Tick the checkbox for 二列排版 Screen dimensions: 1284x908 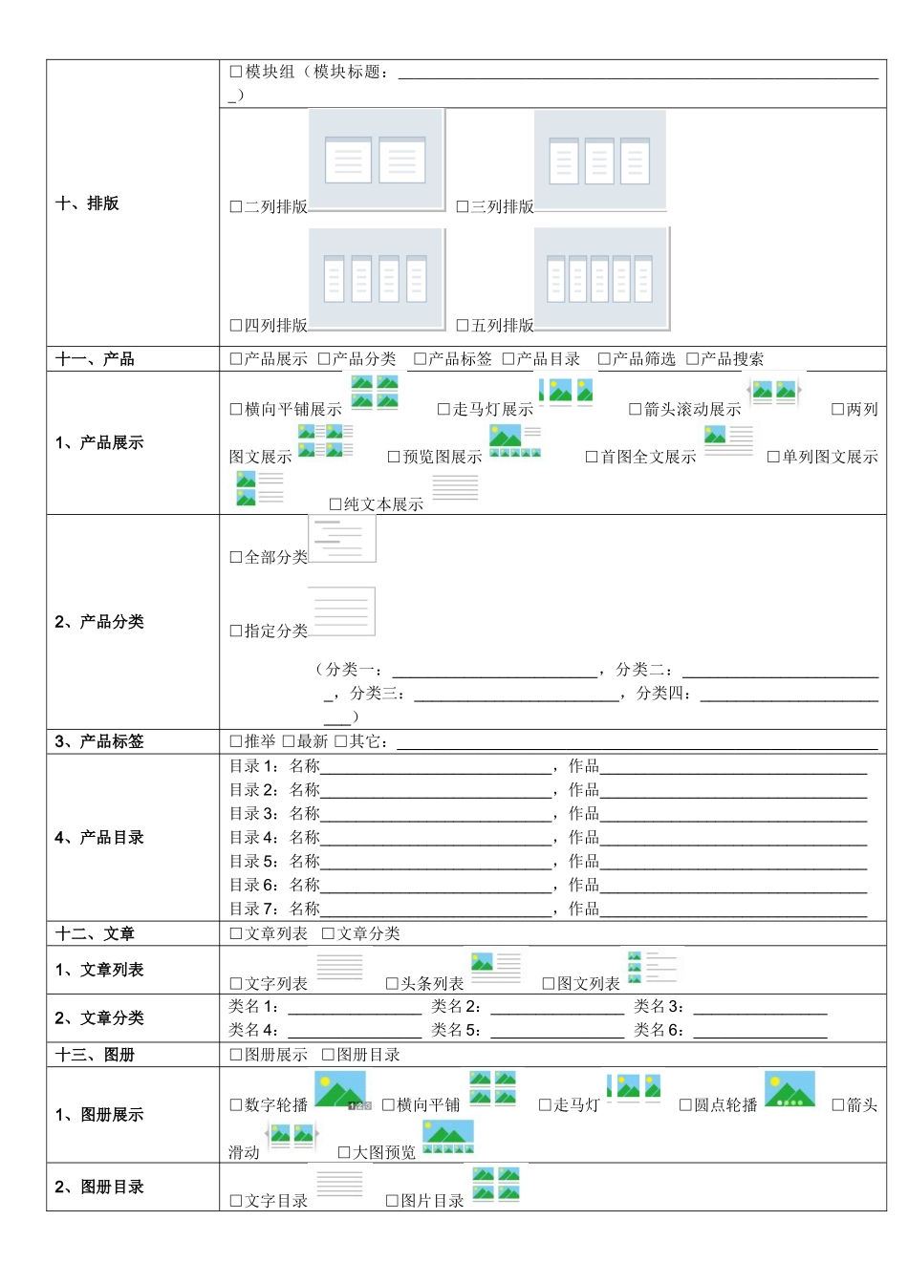point(236,206)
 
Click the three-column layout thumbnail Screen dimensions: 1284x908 point(599,160)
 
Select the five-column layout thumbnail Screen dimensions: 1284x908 point(601,278)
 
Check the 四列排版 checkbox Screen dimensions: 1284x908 point(236,326)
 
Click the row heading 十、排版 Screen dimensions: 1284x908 point(88,203)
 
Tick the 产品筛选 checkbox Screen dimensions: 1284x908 point(604,359)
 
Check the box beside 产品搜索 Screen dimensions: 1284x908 point(693,359)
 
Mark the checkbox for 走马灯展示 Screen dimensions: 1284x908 point(443,410)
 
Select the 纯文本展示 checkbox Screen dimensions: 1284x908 point(335,504)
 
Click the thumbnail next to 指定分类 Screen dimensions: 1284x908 point(341,611)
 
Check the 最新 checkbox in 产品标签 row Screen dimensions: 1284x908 point(289,741)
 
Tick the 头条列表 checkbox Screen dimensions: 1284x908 point(392,984)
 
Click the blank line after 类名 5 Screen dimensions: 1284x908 point(557,1031)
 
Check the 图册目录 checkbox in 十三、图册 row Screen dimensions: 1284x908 point(328,1055)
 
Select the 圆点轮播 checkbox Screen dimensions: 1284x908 point(685,1105)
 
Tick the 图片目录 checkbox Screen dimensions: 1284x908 point(392,1201)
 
